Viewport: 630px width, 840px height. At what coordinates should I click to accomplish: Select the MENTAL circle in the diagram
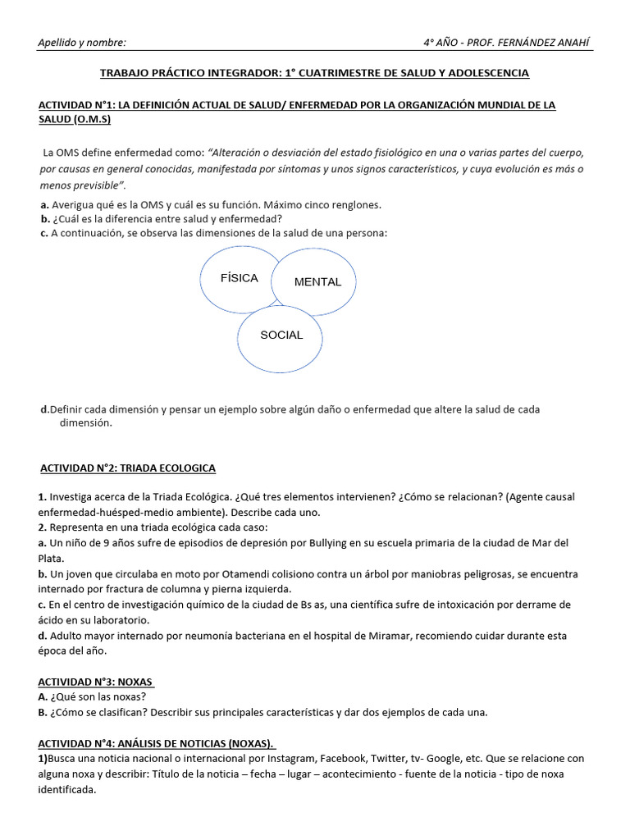click(x=317, y=281)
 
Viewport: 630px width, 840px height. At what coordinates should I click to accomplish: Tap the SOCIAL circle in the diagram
click(x=281, y=335)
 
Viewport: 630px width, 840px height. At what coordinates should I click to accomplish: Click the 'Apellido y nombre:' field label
click(x=82, y=42)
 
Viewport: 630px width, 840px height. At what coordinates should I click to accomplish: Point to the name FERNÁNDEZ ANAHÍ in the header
click(x=545, y=42)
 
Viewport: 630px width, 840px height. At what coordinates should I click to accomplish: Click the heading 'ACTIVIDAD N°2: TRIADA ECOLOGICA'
click(x=128, y=468)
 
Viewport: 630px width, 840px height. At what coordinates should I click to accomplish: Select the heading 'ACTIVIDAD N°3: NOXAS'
click(x=96, y=682)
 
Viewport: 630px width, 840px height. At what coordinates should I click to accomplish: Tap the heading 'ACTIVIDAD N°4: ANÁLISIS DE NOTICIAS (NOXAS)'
click(x=157, y=743)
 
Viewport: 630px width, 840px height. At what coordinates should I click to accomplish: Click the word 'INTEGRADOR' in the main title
click(x=243, y=73)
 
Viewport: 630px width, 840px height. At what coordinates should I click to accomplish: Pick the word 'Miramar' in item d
click(x=384, y=636)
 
